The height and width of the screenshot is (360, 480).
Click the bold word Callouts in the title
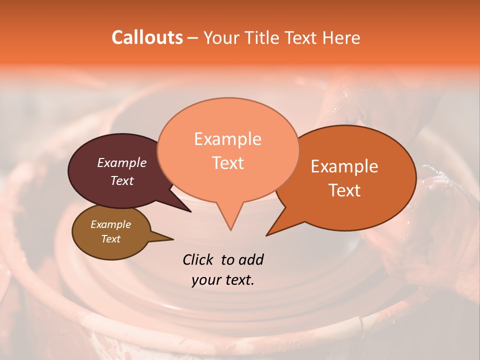pyautogui.click(x=147, y=37)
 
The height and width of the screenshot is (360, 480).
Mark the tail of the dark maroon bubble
pyautogui.click(x=187, y=210)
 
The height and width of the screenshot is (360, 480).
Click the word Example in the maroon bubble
pyautogui.click(x=121, y=162)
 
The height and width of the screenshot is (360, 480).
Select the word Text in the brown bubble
pyautogui.click(x=110, y=239)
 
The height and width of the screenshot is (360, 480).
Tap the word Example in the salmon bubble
pyautogui.click(x=227, y=139)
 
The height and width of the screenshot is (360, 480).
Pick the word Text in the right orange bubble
pyautogui.click(x=344, y=190)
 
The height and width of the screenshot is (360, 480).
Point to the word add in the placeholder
pyautogui.click(x=250, y=259)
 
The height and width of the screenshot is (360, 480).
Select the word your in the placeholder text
pyautogui.click(x=206, y=280)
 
